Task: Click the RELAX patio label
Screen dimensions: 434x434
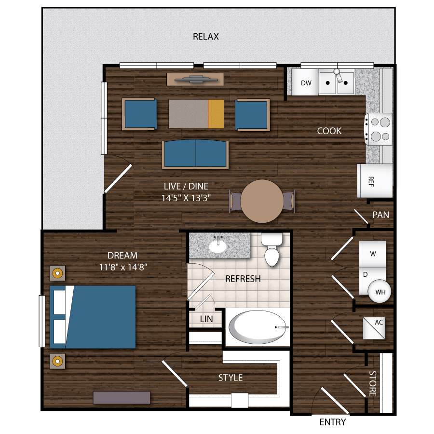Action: point(206,37)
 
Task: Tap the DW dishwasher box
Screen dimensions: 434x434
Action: point(306,83)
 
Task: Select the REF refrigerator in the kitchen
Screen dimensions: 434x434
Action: point(374,181)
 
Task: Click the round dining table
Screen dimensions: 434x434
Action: point(262,201)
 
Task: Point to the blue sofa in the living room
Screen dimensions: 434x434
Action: point(195,154)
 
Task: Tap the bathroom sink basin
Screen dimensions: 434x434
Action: point(218,246)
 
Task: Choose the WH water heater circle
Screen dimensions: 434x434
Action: point(379,291)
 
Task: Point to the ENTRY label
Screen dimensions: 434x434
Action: point(333,422)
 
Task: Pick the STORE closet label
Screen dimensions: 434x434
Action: point(372,383)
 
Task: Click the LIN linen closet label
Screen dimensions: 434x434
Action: point(206,319)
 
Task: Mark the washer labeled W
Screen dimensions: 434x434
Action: point(372,253)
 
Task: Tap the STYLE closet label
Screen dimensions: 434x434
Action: point(231,378)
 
